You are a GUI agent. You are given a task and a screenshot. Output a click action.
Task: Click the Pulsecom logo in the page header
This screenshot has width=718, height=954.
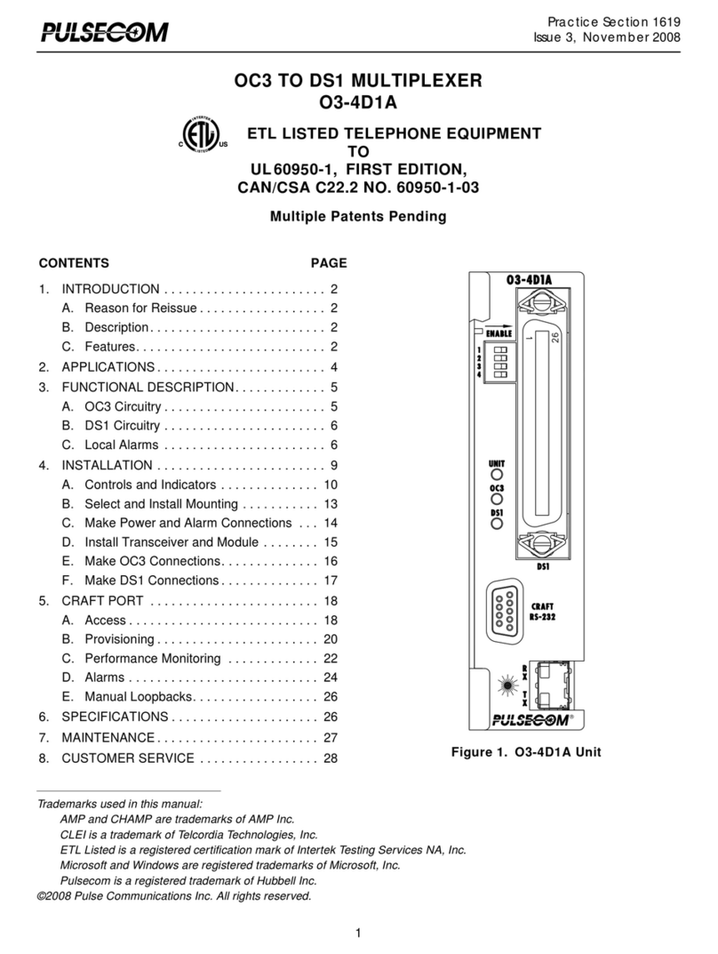tap(102, 33)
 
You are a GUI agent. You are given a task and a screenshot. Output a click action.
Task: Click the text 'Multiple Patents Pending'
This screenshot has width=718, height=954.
tap(358, 216)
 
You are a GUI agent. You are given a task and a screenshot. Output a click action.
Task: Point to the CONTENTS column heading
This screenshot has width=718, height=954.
tap(74, 263)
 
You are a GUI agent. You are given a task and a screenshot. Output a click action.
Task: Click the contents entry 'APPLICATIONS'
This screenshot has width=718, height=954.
tap(108, 367)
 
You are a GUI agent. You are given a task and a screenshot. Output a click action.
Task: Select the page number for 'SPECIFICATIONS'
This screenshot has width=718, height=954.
tap(331, 717)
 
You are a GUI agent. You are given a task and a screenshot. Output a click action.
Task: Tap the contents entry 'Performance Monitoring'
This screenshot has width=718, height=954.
tap(152, 659)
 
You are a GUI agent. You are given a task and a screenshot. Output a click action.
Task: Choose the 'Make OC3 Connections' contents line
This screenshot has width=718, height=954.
tap(152, 562)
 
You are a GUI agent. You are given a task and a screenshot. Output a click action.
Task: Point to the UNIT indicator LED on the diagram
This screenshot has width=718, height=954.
tap(497, 476)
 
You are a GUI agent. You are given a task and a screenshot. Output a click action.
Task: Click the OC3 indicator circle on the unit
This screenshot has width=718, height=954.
tap(497, 501)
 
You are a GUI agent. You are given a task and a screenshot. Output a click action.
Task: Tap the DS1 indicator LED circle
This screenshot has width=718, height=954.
tap(497, 525)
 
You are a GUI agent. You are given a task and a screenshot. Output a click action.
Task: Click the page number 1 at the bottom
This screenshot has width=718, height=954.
tap(358, 933)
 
